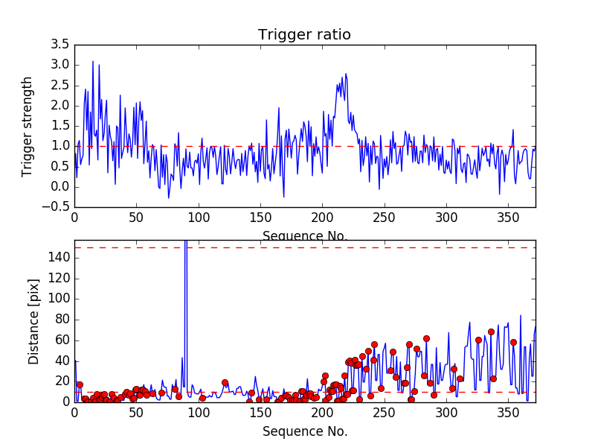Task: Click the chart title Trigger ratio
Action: tap(304, 35)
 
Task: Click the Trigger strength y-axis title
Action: tap(28, 126)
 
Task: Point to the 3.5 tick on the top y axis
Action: tap(60, 45)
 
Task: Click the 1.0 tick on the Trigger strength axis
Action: tap(60, 146)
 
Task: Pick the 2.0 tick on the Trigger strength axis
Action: tap(60, 106)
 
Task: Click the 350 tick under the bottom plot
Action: tap(508, 413)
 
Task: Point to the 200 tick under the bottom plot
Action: tap(322, 413)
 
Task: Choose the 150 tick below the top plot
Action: tap(260, 218)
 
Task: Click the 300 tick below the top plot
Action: tap(446, 218)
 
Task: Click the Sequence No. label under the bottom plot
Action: tap(304, 431)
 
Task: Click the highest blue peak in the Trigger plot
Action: tap(93, 62)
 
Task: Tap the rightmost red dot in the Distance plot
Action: tap(513, 342)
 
